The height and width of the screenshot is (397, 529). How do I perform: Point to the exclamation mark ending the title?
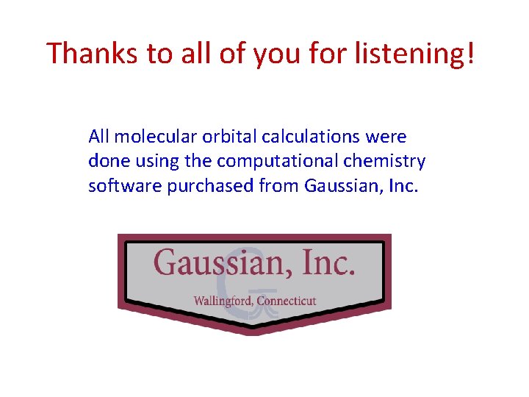(x=469, y=53)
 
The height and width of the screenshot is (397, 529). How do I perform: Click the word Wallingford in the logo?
(x=220, y=301)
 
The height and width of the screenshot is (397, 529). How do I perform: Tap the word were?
(x=389, y=136)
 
